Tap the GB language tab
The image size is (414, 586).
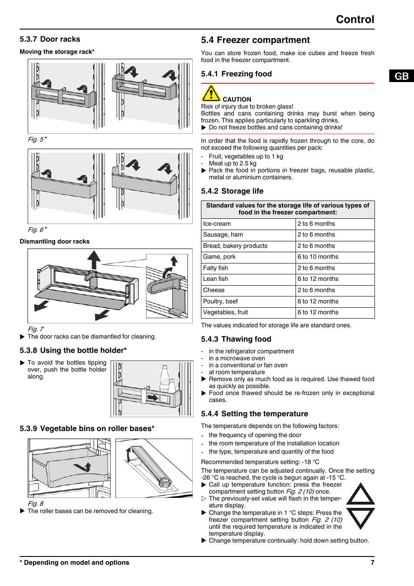coord(401,76)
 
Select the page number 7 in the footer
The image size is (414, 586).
coord(372,563)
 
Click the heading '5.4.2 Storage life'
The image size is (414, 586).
coord(232,191)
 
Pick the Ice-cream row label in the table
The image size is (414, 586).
coord(217,224)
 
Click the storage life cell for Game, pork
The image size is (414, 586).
coord(318,257)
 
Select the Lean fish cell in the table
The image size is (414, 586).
coord(216,279)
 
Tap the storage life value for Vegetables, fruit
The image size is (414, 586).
coord(318,313)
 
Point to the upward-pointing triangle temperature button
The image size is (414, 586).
coord(360,494)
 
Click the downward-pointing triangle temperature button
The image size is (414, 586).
coord(360,517)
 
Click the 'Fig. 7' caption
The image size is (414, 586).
coord(36,329)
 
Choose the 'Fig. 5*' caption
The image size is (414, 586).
coord(37,139)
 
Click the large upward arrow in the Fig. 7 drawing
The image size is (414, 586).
coord(94,259)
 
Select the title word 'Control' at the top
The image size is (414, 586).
coord(355,20)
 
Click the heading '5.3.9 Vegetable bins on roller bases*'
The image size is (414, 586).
coord(87,428)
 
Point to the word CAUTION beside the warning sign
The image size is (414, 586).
coord(237,99)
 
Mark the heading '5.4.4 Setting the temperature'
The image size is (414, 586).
coord(254,414)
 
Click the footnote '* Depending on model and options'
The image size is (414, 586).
coord(74,563)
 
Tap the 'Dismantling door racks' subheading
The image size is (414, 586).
coord(55,241)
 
